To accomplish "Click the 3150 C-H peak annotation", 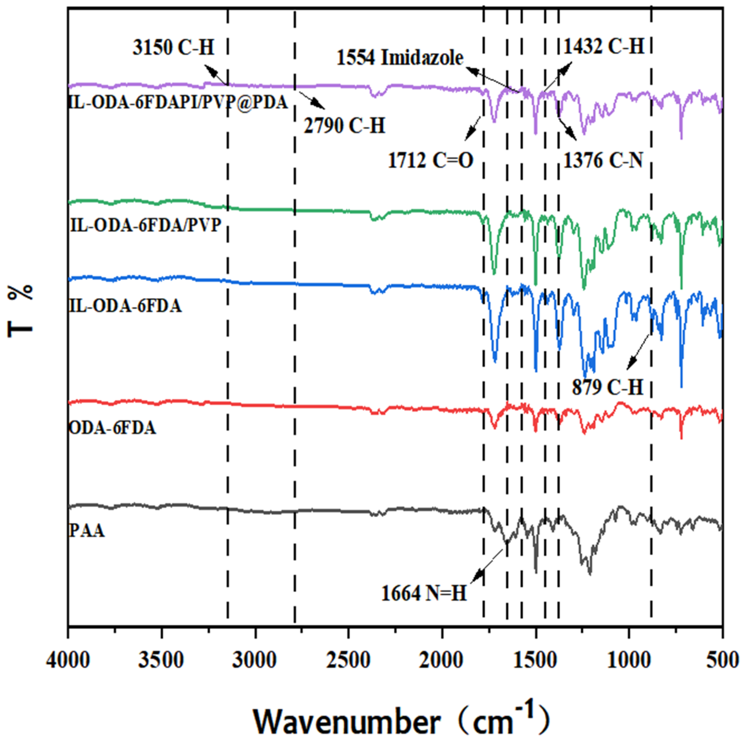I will [173, 48].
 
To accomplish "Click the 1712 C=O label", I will [430, 160].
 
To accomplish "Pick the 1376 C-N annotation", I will [603, 160].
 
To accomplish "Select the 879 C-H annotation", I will [607, 387].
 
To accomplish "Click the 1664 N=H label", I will [424, 594].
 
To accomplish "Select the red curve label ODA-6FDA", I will [112, 428].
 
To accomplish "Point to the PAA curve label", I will [87, 531].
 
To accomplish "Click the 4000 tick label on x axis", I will [68, 661].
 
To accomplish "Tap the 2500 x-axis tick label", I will [348, 661].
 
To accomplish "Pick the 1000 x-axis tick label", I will [629, 661].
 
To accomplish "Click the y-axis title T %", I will [21, 311].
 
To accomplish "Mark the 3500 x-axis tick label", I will [161, 661].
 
